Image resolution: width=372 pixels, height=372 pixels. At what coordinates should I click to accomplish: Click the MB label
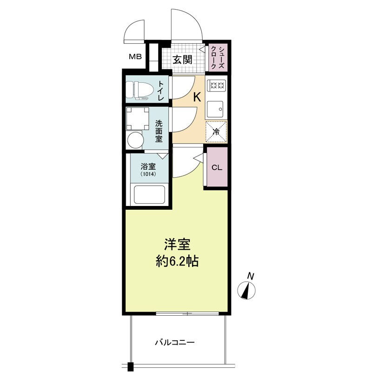click(x=135, y=57)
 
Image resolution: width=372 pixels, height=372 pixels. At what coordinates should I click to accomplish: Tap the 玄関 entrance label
click(x=182, y=60)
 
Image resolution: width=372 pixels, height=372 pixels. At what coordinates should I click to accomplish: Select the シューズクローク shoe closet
click(x=218, y=57)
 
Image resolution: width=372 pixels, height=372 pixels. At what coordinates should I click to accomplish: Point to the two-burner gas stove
click(x=216, y=85)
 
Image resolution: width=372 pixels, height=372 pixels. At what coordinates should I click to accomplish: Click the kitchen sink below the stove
click(x=215, y=109)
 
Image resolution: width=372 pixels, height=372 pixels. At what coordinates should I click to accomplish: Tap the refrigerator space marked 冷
click(x=216, y=132)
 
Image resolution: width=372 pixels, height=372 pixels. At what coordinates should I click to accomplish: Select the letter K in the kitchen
click(x=197, y=97)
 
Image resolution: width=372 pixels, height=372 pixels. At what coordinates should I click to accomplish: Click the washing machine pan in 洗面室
click(x=138, y=119)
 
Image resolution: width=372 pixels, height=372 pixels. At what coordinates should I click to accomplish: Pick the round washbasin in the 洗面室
click(x=136, y=140)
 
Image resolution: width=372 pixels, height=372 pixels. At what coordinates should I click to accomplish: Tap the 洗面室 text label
click(x=159, y=131)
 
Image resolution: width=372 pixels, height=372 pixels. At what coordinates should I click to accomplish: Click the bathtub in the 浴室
click(x=149, y=195)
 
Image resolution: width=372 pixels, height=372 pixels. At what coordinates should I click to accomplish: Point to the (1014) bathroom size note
click(x=148, y=174)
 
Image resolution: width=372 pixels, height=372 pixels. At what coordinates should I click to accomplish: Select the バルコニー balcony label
click(x=175, y=342)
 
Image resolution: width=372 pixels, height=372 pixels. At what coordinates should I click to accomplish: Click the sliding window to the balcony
click(x=187, y=313)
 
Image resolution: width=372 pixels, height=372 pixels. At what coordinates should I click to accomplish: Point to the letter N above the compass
click(x=251, y=276)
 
